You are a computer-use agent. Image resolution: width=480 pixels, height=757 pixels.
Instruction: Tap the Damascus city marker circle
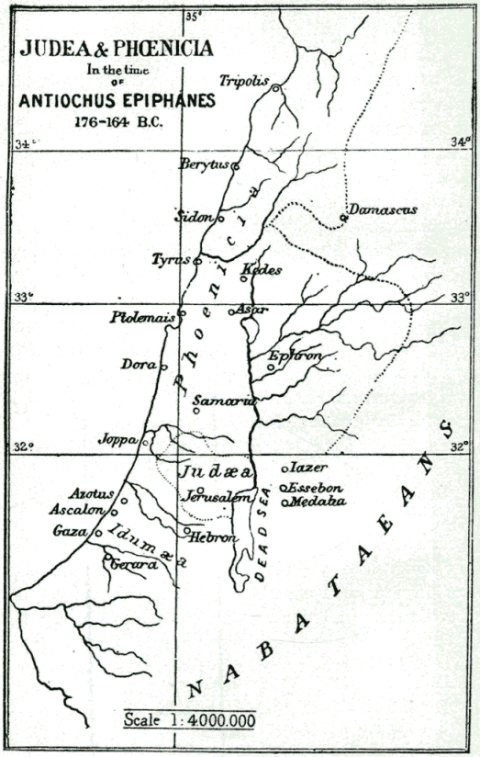(343, 218)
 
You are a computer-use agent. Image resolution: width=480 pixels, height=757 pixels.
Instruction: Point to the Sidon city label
(195, 218)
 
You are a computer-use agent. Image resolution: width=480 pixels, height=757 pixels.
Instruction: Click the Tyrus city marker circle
(197, 261)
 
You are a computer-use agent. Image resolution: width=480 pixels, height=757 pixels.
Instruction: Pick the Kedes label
(262, 270)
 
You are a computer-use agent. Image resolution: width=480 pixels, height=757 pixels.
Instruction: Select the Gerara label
(129, 565)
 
